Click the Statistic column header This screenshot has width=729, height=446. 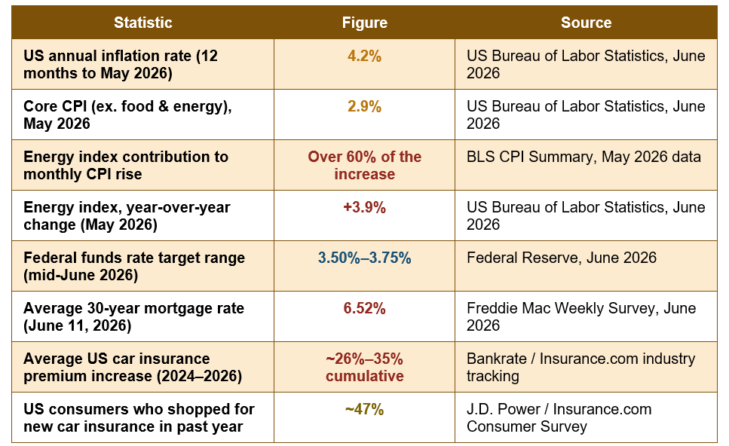[x=142, y=23]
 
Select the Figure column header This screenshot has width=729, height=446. [x=365, y=23]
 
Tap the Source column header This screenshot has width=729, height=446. [x=586, y=23]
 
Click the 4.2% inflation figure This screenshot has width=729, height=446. [x=365, y=57]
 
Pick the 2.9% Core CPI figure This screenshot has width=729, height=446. [x=365, y=106]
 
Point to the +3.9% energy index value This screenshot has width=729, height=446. [x=365, y=207]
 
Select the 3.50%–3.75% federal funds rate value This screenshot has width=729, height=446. [x=365, y=258]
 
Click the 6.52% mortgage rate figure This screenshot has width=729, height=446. [x=365, y=308]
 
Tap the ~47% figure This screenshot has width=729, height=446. [x=365, y=409]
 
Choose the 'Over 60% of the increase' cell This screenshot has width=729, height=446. [x=365, y=166]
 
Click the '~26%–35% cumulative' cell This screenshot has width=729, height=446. [x=365, y=367]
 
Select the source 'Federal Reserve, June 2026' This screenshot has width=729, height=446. [x=562, y=258]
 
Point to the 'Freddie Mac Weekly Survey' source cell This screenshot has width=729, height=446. [x=581, y=317]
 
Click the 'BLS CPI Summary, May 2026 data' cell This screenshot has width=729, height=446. [x=584, y=157]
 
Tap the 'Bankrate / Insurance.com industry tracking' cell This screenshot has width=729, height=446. [x=580, y=367]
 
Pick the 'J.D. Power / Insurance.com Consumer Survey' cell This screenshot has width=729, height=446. [x=559, y=417]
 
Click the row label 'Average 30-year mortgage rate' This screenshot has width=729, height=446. [x=134, y=308]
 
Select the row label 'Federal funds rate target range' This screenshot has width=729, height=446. [x=134, y=258]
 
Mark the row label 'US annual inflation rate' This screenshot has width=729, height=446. [x=107, y=57]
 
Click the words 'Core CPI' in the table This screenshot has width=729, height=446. [x=55, y=106]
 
